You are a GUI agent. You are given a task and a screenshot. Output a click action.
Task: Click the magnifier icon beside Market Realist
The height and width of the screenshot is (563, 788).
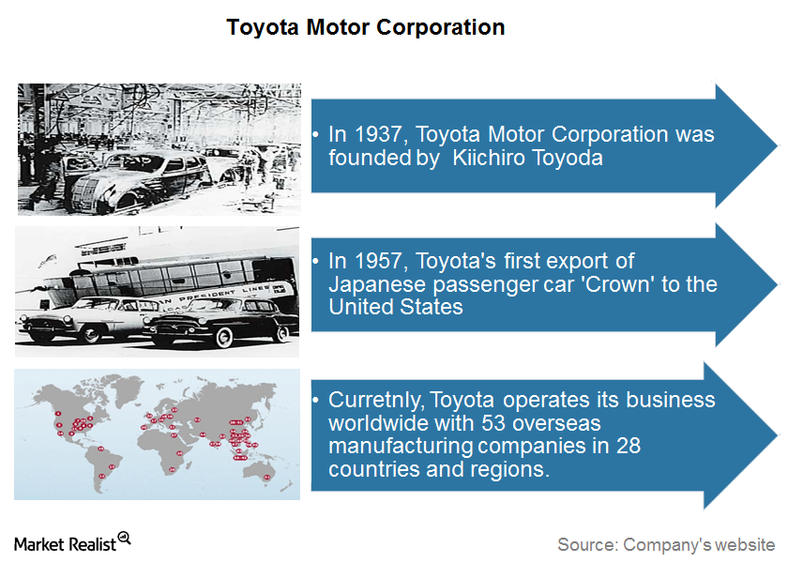pos(124,538)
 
